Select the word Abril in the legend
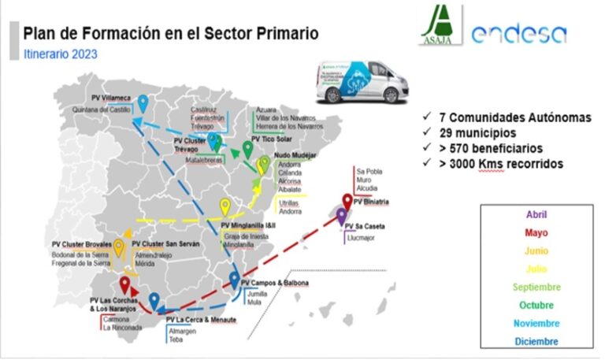pyautogui.click(x=536, y=214)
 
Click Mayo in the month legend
pyautogui.click(x=536, y=232)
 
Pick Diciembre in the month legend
pyautogui.click(x=536, y=341)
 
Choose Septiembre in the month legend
pyautogui.click(x=536, y=287)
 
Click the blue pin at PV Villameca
pyautogui.click(x=143, y=102)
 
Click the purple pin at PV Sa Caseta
pyautogui.click(x=341, y=215)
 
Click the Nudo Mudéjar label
pyautogui.click(x=295, y=156)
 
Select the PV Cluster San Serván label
pyautogui.click(x=165, y=245)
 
